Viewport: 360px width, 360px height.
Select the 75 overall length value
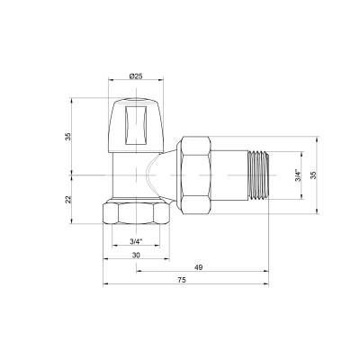click(x=181, y=282)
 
